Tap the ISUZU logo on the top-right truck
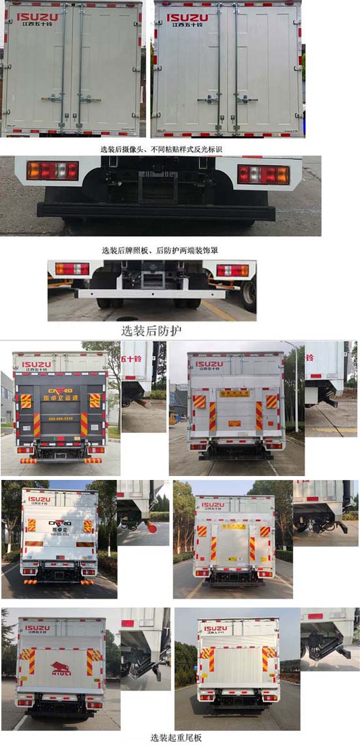[x=187, y=18]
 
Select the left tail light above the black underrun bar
[x=52, y=171]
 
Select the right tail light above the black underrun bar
[x=263, y=174]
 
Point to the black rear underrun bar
[x=156, y=211]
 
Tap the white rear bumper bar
[x=149, y=293]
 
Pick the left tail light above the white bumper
[x=72, y=269]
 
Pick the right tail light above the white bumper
[x=232, y=270]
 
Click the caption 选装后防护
[x=151, y=330]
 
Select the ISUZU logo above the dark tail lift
[x=37, y=365]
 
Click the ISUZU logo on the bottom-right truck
[x=215, y=629]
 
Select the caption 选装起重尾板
[x=176, y=738]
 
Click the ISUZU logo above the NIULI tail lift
[x=37, y=629]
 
